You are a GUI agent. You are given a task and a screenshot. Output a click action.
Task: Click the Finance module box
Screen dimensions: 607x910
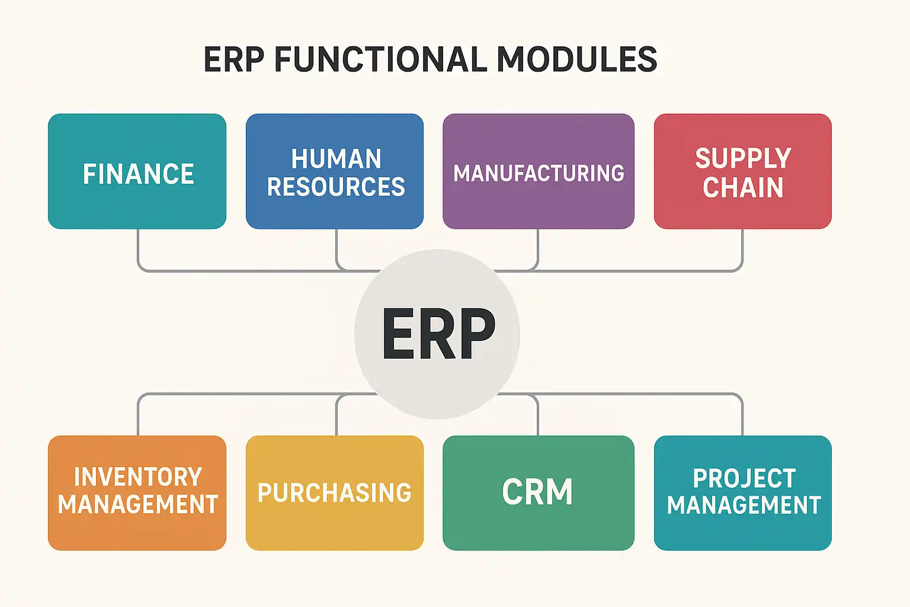pos(137,172)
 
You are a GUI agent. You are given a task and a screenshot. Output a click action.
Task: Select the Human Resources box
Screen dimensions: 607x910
pos(335,172)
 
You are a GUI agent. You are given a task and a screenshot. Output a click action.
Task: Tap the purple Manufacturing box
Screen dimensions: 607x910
pos(538,172)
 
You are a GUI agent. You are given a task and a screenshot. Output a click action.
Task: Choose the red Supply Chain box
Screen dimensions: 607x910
pos(742,172)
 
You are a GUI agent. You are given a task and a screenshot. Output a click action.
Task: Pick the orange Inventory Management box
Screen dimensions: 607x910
pos(137,493)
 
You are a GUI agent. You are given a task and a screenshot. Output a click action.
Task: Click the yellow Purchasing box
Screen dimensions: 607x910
pos(335,493)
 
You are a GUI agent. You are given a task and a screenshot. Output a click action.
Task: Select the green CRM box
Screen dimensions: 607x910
pos(538,493)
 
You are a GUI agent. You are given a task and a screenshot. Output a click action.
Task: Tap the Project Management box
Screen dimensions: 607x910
pos(742,493)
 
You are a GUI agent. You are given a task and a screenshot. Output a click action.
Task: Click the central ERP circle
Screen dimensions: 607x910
pos(437,334)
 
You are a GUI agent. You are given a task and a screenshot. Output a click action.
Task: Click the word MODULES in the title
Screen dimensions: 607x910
pos(576,59)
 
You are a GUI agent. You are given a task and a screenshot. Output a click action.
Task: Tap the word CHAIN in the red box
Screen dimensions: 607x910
pos(743,188)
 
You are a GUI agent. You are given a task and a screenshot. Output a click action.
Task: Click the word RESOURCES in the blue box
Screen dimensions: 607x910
pos(336,187)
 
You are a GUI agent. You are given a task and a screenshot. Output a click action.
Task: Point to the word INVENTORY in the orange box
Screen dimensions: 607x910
pos(138,477)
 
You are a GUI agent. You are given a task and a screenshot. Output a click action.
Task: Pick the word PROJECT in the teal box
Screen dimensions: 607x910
pos(744,478)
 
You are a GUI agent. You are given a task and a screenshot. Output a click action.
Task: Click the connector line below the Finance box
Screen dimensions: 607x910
pos(138,249)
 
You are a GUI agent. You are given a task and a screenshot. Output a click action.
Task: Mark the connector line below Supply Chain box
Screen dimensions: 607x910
pos(742,249)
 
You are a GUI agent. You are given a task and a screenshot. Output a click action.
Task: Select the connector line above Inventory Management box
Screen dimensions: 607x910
pos(138,415)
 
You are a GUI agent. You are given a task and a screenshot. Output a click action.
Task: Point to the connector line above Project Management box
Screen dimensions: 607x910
pos(742,415)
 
